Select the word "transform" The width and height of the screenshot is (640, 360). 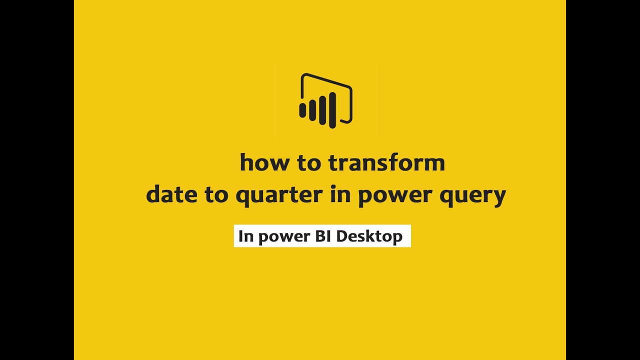tap(386, 163)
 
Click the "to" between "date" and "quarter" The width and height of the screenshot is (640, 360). tap(216, 194)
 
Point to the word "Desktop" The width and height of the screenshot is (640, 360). tap(369, 236)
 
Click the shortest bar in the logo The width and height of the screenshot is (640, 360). tap(302, 110)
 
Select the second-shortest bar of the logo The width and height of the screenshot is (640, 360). tap(312, 110)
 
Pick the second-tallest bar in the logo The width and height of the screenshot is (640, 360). tap(322, 110)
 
